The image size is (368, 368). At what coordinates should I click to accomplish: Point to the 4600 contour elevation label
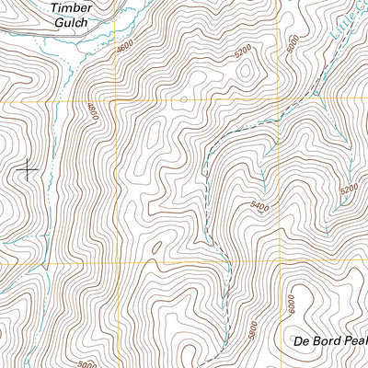[126, 57]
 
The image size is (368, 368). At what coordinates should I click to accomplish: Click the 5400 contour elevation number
[259, 208]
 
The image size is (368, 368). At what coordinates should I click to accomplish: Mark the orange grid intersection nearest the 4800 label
[116, 99]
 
